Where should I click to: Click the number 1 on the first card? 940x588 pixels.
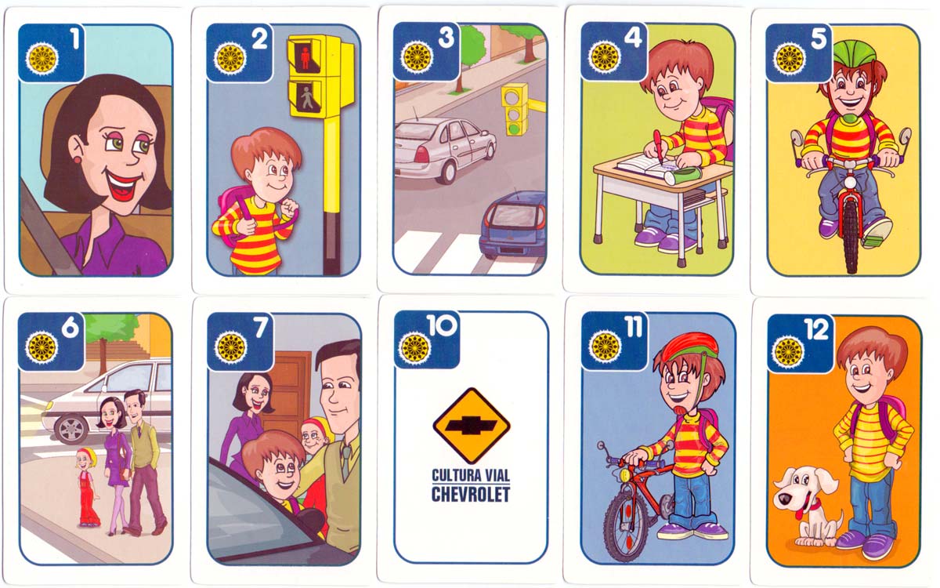coord(74,39)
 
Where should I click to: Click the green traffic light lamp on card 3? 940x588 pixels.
coord(514,127)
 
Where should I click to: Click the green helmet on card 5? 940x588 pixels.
coord(854,52)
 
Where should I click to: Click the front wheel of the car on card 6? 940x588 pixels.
coord(72,430)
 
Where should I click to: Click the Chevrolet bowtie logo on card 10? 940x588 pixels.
coord(472,426)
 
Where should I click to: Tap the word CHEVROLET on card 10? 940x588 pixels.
coord(471,495)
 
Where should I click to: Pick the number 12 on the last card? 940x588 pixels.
coord(816,329)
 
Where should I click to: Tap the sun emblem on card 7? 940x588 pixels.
coord(230,347)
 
